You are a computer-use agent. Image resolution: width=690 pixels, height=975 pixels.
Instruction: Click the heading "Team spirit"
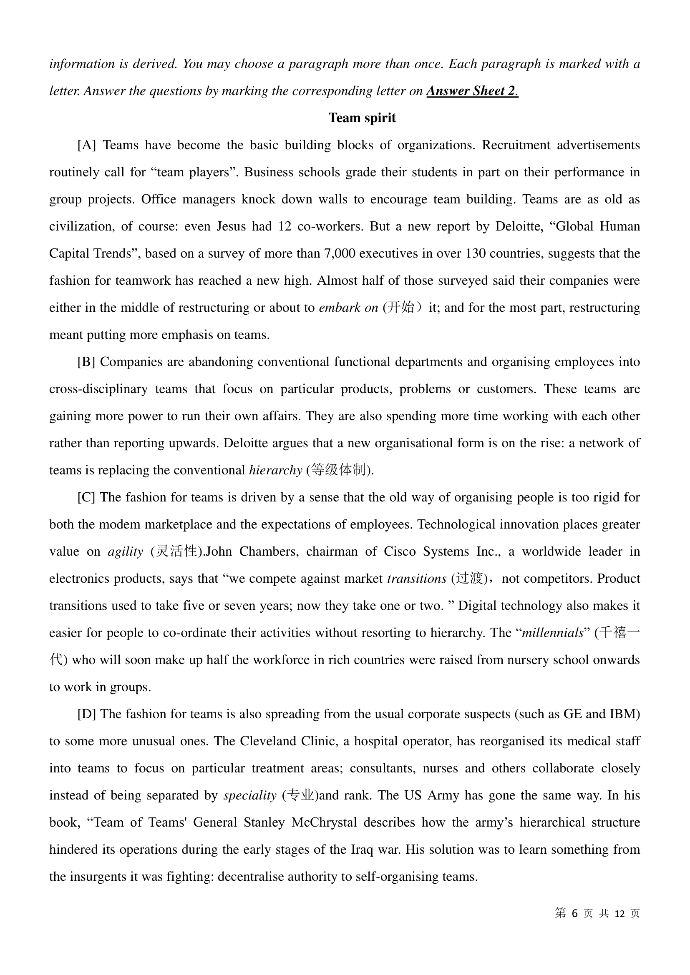pyautogui.click(x=362, y=118)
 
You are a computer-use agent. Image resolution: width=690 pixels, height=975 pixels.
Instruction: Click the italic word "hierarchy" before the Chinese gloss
pyautogui.click(x=275, y=470)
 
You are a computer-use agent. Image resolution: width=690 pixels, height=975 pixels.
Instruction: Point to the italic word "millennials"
pyautogui.click(x=552, y=633)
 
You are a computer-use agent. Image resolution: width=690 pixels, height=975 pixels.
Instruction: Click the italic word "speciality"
pyautogui.click(x=250, y=795)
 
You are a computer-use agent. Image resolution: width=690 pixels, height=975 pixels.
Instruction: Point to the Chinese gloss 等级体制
pyautogui.click(x=339, y=470)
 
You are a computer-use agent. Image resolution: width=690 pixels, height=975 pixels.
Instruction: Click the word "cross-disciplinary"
pyautogui.click(x=98, y=389)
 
